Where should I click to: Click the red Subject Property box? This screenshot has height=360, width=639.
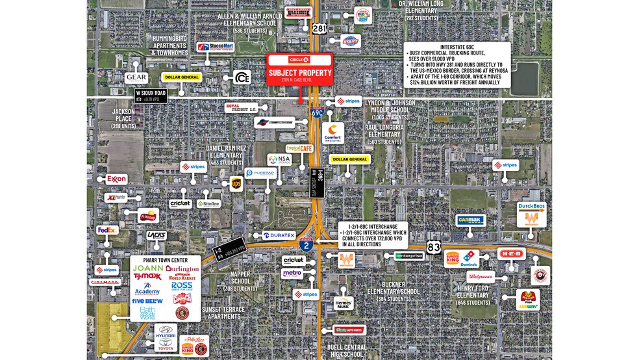(x=300, y=69)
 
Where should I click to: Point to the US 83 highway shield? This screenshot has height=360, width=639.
(x=434, y=246)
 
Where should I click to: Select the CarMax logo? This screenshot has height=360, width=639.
(x=470, y=220)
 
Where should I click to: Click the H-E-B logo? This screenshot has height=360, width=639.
(x=511, y=254)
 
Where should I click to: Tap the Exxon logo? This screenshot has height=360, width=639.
(x=116, y=179)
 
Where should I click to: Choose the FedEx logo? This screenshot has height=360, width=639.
(x=106, y=229)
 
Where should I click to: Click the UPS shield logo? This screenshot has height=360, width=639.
(x=236, y=184)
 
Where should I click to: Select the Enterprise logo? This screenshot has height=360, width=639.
(x=410, y=255)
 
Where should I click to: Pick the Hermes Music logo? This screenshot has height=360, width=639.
(x=343, y=303)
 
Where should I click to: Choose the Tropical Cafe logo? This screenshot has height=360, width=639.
(x=299, y=148)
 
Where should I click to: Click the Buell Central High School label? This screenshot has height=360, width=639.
(x=346, y=351)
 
